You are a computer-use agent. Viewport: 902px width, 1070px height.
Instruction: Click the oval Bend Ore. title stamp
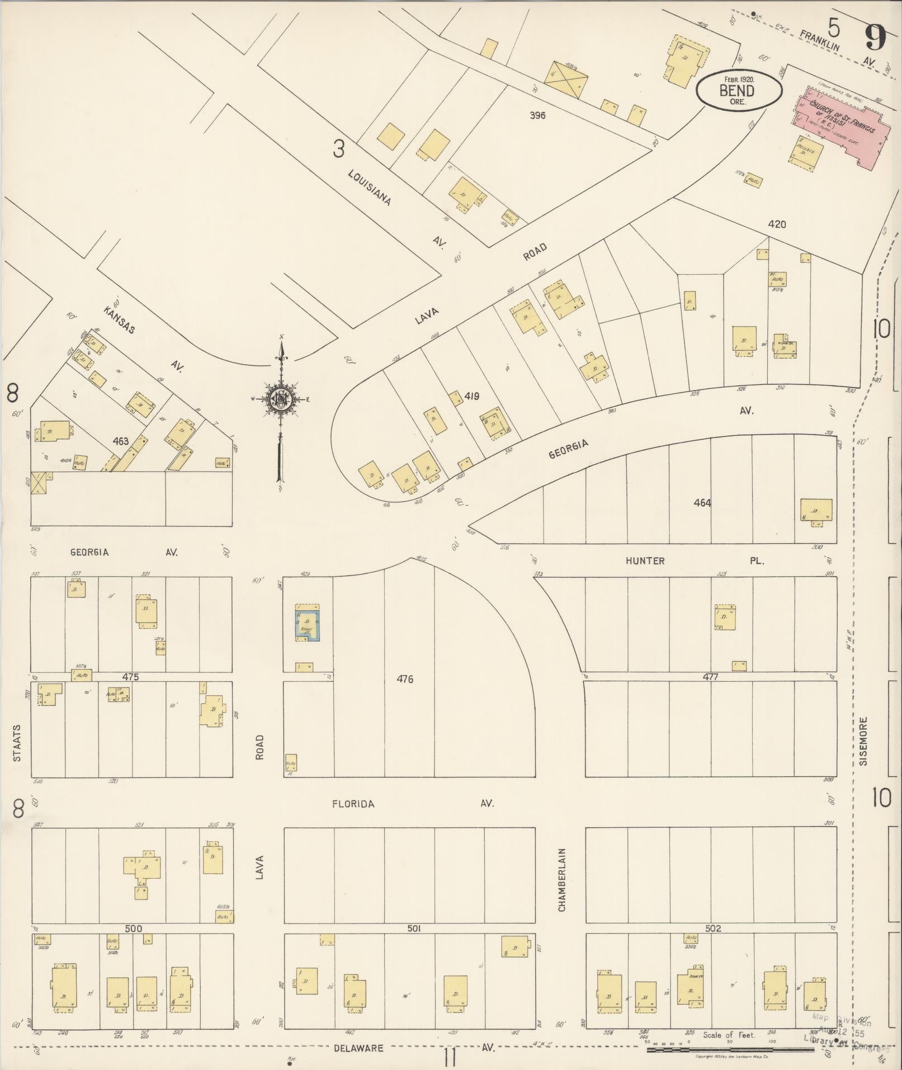(738, 91)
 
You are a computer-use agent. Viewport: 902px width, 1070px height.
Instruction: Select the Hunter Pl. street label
(645, 560)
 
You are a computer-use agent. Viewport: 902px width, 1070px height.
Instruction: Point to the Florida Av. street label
(353, 804)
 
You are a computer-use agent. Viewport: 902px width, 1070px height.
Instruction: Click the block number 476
(405, 679)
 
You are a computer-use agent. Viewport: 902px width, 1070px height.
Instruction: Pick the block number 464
(702, 503)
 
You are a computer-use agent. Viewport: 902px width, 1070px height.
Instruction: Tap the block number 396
(538, 116)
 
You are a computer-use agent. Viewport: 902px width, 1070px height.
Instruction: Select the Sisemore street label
(863, 741)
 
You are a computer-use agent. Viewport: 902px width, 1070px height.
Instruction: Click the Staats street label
(17, 743)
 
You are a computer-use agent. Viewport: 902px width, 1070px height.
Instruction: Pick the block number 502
(713, 928)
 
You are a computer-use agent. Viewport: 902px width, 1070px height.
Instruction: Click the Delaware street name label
(358, 1048)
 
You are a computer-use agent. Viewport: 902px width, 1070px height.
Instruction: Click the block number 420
(777, 224)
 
